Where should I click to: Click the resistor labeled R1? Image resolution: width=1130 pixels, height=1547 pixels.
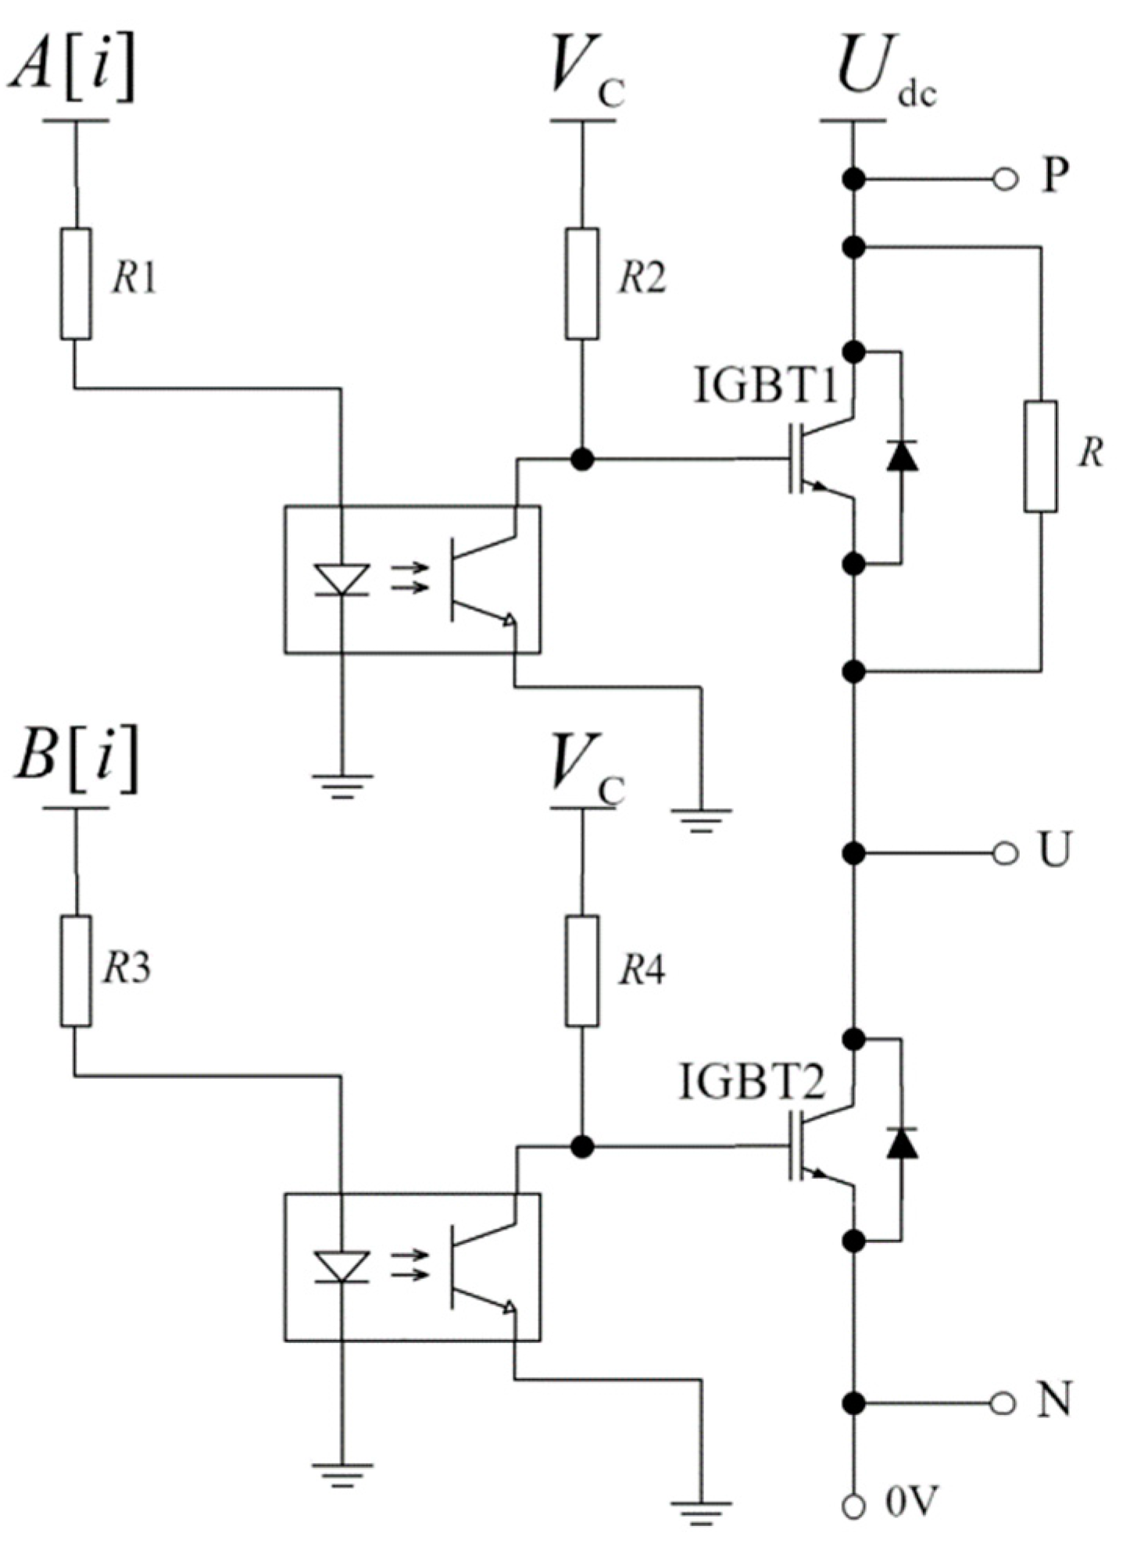click(x=76, y=284)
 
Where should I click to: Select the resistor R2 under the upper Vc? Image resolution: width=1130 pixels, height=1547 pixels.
click(x=581, y=284)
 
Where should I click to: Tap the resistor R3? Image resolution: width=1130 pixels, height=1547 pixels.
click(x=76, y=970)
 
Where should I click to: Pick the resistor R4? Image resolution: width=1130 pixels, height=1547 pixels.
click(x=581, y=970)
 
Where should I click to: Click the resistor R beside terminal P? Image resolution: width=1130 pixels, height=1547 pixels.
click(x=1040, y=457)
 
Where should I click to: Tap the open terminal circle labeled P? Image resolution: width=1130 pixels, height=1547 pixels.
click(x=1006, y=180)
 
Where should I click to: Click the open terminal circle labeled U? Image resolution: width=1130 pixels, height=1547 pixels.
click(x=1006, y=853)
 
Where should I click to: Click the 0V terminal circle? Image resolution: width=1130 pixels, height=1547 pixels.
click(x=854, y=1504)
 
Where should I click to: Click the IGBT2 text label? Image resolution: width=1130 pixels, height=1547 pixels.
click(x=752, y=1083)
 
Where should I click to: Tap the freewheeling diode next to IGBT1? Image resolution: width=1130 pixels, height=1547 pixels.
click(x=902, y=456)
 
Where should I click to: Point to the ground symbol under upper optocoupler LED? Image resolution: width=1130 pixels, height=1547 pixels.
click(x=342, y=784)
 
